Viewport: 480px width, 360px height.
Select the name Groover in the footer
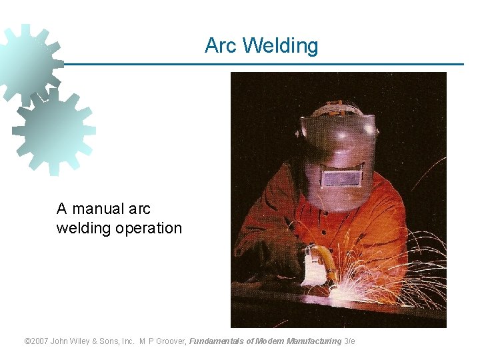(x=170, y=341)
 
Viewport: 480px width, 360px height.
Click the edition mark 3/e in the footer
(x=350, y=341)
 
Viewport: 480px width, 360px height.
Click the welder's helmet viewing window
(x=342, y=178)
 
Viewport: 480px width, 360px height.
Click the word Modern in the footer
(x=269, y=341)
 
